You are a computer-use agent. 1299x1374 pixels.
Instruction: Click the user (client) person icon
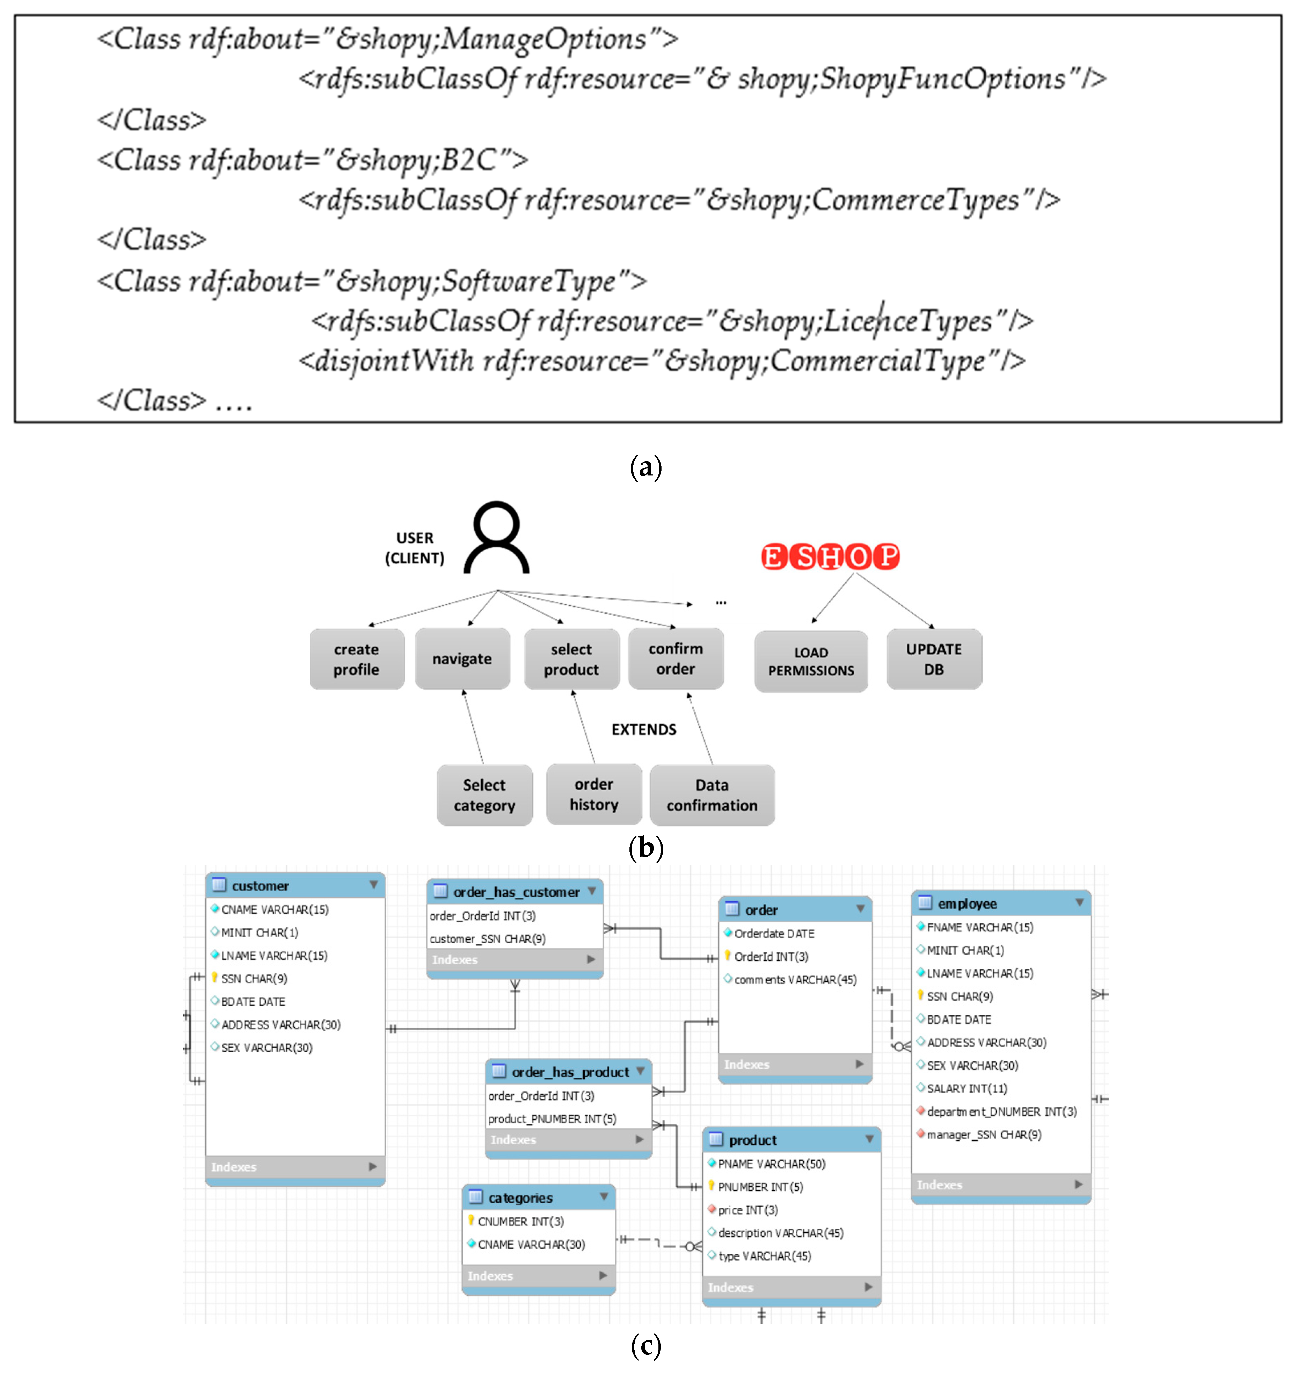(496, 538)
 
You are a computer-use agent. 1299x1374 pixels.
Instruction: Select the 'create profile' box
(357, 659)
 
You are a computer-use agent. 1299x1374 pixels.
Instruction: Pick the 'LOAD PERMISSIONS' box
(811, 661)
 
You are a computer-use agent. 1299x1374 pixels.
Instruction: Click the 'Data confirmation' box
(712, 795)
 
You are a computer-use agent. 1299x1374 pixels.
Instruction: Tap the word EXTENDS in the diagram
(643, 729)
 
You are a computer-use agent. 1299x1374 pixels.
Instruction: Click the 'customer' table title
(260, 886)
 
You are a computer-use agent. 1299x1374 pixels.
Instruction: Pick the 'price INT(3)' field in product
(748, 1210)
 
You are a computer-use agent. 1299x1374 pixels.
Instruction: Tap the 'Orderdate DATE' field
(774, 933)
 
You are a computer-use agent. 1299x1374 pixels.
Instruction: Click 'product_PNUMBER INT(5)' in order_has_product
(552, 1119)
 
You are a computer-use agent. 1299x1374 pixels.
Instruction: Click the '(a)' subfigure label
(645, 467)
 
